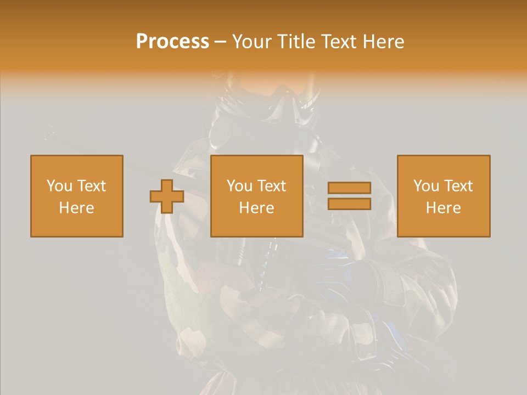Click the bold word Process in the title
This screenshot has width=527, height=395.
[172, 42]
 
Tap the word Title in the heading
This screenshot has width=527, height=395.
[296, 42]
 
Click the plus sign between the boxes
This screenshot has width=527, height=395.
[167, 196]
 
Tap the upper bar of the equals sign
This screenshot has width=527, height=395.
[349, 188]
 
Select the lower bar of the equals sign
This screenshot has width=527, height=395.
[349, 204]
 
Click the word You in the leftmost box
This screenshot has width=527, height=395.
[59, 186]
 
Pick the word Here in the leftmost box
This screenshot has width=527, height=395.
[77, 208]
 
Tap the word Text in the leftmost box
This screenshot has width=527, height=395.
[92, 186]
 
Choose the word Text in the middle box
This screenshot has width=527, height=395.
[272, 186]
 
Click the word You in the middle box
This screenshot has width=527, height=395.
[239, 186]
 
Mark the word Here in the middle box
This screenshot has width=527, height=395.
[257, 208]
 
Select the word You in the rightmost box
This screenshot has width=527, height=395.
[426, 186]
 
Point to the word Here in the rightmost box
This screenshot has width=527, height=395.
[444, 208]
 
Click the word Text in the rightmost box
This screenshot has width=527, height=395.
[458, 186]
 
